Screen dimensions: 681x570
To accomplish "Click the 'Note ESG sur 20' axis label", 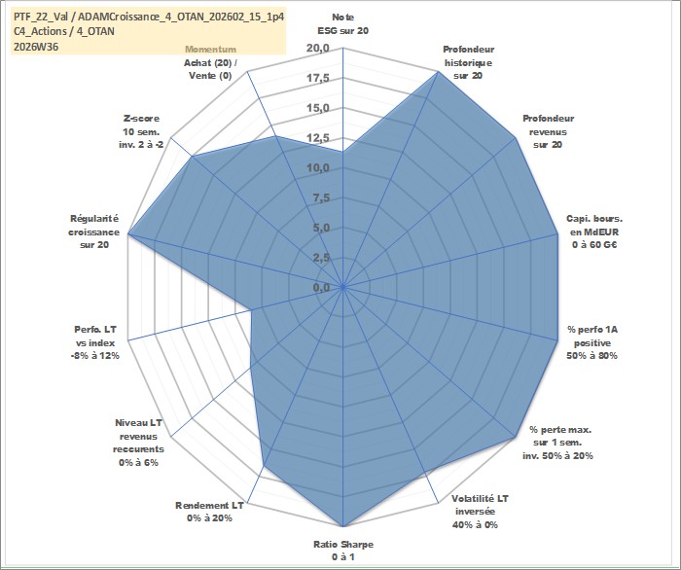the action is [x=343, y=24].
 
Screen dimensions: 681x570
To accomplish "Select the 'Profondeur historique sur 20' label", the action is [x=468, y=62].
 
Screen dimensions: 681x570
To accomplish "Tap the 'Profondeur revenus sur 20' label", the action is [x=548, y=131].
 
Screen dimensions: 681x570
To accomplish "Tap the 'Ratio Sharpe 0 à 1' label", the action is [x=343, y=551].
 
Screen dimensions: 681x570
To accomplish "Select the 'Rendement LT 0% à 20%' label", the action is [x=209, y=512].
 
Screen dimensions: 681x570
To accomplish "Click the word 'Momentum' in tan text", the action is [x=211, y=50].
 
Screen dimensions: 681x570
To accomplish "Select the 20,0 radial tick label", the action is [x=318, y=49].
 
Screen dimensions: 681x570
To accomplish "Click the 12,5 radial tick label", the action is [x=318, y=138].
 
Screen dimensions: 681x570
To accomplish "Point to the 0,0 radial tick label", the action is [x=321, y=287].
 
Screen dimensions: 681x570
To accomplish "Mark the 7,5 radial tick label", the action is [x=321, y=198].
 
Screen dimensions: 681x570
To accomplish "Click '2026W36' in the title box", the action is [x=36, y=47].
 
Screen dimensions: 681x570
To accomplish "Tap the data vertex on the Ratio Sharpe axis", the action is [x=343, y=526].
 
